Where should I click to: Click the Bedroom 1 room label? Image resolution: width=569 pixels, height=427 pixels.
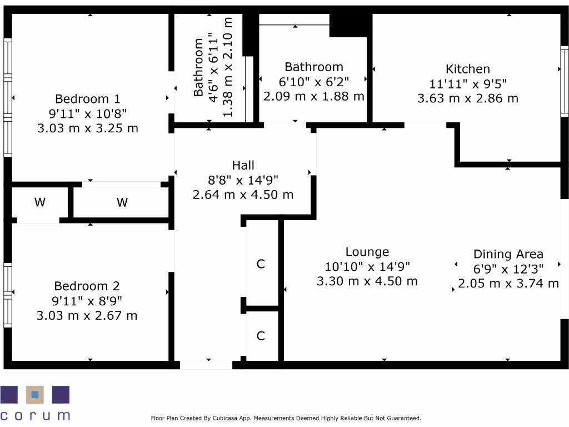pos(87,99)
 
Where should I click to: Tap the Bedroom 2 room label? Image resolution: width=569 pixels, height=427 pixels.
pos(87,286)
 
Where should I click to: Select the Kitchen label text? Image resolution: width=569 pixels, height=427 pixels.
pos(468,69)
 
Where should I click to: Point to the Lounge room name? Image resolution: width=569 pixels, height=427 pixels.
pos(367,252)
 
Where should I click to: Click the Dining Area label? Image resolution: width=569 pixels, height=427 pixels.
pos(508,254)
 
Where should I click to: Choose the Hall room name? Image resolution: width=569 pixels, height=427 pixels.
pos(243,165)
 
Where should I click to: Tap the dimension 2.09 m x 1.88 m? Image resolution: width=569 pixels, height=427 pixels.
pos(313,96)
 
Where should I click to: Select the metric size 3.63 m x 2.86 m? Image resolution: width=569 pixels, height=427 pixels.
pos(468,98)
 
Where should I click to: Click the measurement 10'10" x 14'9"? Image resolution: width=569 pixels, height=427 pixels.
pos(367,267)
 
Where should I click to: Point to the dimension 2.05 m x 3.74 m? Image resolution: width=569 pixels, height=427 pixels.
pos(508,284)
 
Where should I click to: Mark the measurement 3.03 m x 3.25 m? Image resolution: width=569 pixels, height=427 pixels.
pos(87,128)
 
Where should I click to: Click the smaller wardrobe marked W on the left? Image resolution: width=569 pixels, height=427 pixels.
pos(39,202)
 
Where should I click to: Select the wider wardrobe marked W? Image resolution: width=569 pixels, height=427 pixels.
pos(122,202)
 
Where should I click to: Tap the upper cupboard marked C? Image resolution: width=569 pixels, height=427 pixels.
pos(261,264)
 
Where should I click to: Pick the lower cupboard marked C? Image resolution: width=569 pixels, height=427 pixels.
pos(261,336)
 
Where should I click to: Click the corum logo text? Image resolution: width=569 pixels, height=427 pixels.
pos(35,415)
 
